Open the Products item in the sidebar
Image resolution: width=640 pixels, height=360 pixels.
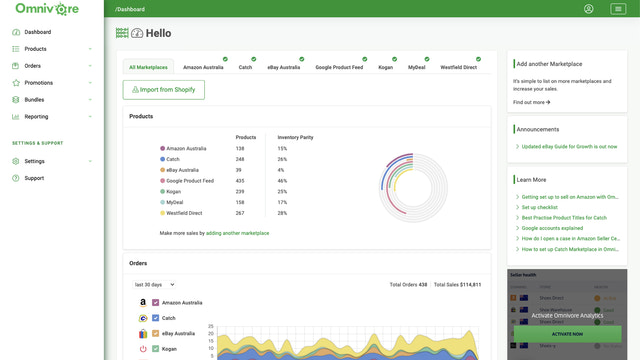pos(36,48)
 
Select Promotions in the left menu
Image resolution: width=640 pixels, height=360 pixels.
pos(39,83)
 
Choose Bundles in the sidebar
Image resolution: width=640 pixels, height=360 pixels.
pos(35,100)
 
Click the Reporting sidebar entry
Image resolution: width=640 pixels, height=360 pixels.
pos(37,117)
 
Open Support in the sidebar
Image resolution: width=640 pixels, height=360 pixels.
pos(34,178)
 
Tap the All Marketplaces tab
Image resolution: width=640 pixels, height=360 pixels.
pos(148,68)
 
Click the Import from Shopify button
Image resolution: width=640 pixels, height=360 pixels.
pos(163,90)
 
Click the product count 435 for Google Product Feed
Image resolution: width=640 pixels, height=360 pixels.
pos(240,180)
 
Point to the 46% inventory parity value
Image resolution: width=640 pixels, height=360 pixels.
pos(283,180)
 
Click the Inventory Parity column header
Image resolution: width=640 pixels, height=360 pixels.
pos(295,137)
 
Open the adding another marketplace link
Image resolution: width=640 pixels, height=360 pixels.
pos(238,233)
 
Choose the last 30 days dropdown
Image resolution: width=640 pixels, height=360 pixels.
pos(155,285)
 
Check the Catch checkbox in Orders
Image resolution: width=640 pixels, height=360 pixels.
pos(155,318)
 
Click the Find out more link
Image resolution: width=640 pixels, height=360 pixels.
pos(531,102)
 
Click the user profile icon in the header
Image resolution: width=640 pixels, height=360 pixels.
pos(589,9)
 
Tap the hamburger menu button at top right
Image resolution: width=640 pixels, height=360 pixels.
pos(618,9)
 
